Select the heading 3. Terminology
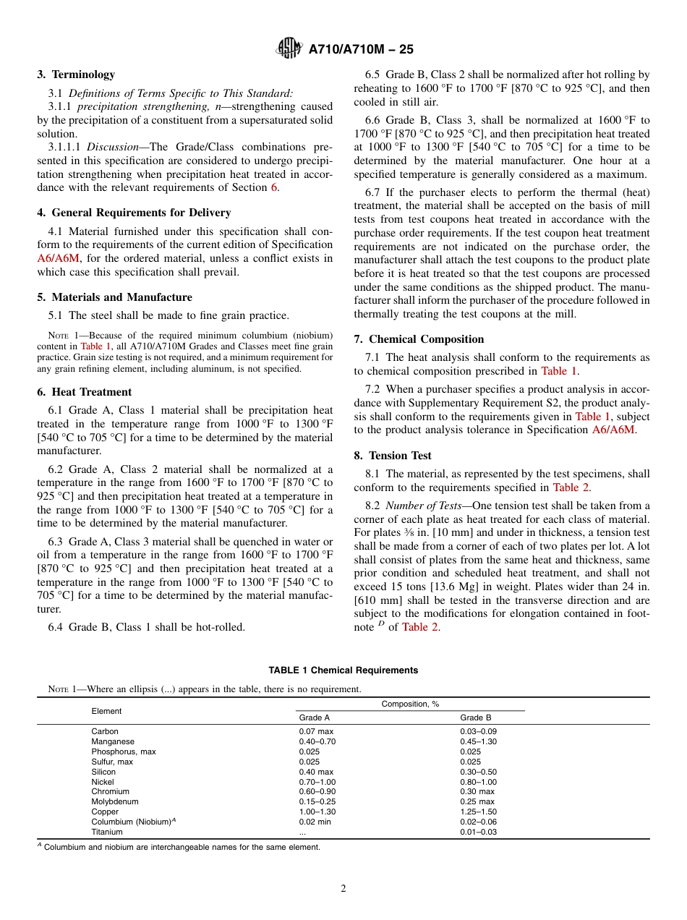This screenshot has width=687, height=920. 76,74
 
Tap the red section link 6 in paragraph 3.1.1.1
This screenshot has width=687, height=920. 273,188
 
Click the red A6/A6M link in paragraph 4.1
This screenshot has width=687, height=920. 59,258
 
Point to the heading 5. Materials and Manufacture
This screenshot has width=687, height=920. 114,297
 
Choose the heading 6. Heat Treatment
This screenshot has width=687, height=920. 85,392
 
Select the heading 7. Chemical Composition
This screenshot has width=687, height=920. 419,339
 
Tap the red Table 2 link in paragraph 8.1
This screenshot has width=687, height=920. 571,487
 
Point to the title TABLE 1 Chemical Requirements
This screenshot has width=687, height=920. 343,670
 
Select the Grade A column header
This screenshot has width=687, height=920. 314,717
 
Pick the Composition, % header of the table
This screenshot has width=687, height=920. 410,704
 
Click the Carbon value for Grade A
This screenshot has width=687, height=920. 316,731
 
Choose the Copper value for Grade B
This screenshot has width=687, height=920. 478,812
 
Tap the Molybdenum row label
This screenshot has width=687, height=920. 114,801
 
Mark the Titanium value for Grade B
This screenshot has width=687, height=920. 478,832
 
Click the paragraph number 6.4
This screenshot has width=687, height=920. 57,627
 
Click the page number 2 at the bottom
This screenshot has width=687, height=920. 343,889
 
